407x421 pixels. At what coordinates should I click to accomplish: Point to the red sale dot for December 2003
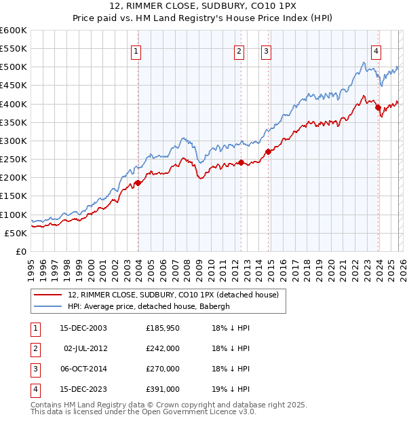(x=138, y=183)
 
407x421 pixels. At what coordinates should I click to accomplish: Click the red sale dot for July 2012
(x=241, y=162)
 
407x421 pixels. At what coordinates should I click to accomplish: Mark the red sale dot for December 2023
(x=378, y=107)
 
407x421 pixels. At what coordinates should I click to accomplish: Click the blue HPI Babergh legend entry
(x=149, y=306)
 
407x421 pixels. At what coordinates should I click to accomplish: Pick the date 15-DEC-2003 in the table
(x=83, y=328)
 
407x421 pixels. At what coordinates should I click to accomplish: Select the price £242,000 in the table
(x=163, y=348)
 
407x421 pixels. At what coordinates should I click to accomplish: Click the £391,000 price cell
(x=163, y=389)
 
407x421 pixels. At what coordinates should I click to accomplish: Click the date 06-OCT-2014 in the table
(x=83, y=369)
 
